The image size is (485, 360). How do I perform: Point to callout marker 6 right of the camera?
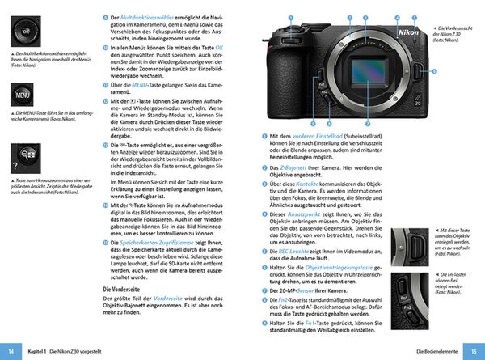432,72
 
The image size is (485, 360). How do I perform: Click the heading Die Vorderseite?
126,289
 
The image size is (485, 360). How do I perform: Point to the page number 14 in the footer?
11,353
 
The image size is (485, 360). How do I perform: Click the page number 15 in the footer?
474,353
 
